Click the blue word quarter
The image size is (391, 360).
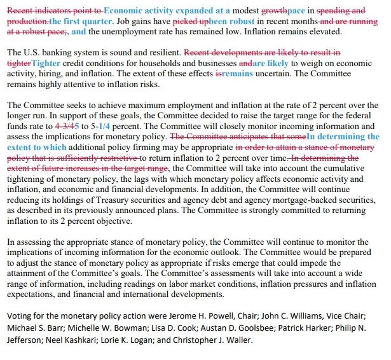100,22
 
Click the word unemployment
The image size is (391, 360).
135,32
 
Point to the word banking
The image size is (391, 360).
57,53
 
